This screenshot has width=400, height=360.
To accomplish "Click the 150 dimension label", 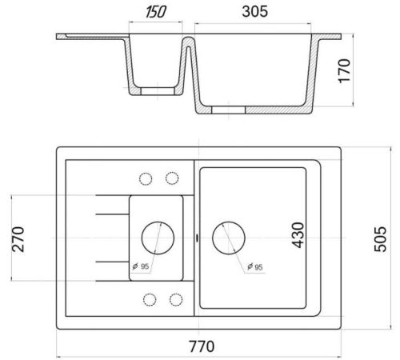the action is coord(156,12).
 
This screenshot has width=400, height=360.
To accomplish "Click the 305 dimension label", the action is coord(254,12).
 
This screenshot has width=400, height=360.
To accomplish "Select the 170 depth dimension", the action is coord(344,71).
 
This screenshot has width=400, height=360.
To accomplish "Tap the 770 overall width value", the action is coord(202,346).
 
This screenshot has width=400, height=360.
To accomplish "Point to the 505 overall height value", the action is coord(380,239).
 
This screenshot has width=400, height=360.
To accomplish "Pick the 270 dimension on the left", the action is coord(18,239).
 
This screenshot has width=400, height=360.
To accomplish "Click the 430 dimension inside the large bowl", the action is coord(298,235).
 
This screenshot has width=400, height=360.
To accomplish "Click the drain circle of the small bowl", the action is coord(158,238).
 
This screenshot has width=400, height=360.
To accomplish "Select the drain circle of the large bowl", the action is coord(229,238).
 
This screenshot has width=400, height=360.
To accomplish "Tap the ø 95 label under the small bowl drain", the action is coord(141,266).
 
